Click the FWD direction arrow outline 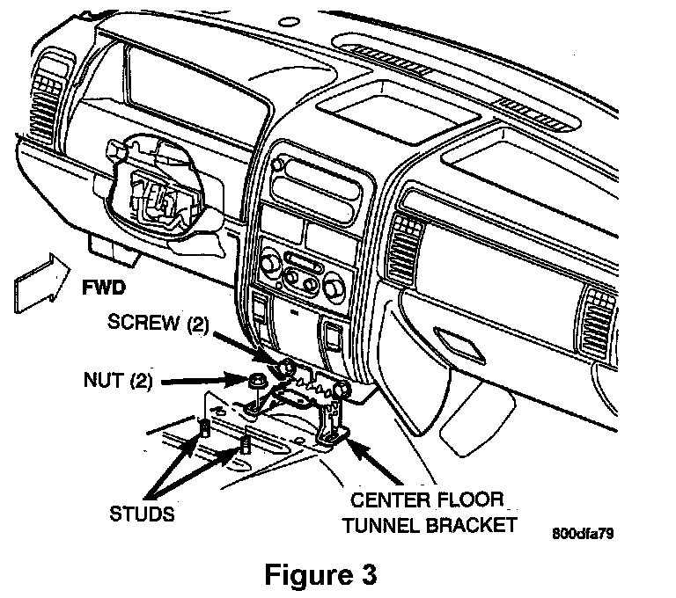coord(42,283)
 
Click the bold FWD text coord(104,288)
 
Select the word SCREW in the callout coord(143,322)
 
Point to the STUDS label coord(143,514)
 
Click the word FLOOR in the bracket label coord(470,500)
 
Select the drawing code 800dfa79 coord(584,534)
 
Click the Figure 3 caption coord(320,574)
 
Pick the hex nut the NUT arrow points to coord(258,382)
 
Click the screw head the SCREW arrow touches coord(286,368)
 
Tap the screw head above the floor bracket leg coord(342,390)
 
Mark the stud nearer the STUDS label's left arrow coord(204,428)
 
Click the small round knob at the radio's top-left coord(277,164)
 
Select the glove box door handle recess coord(459,345)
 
